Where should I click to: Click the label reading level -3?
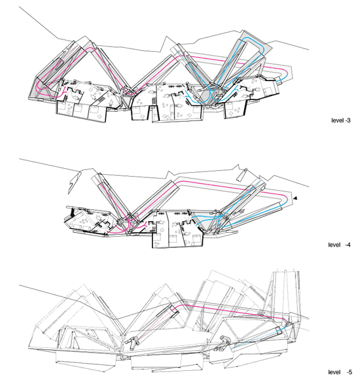(x=341, y=120)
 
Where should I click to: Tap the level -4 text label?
(x=340, y=245)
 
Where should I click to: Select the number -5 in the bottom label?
(x=350, y=372)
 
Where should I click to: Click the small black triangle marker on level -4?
(x=295, y=198)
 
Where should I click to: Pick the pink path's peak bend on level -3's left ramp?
(x=91, y=48)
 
